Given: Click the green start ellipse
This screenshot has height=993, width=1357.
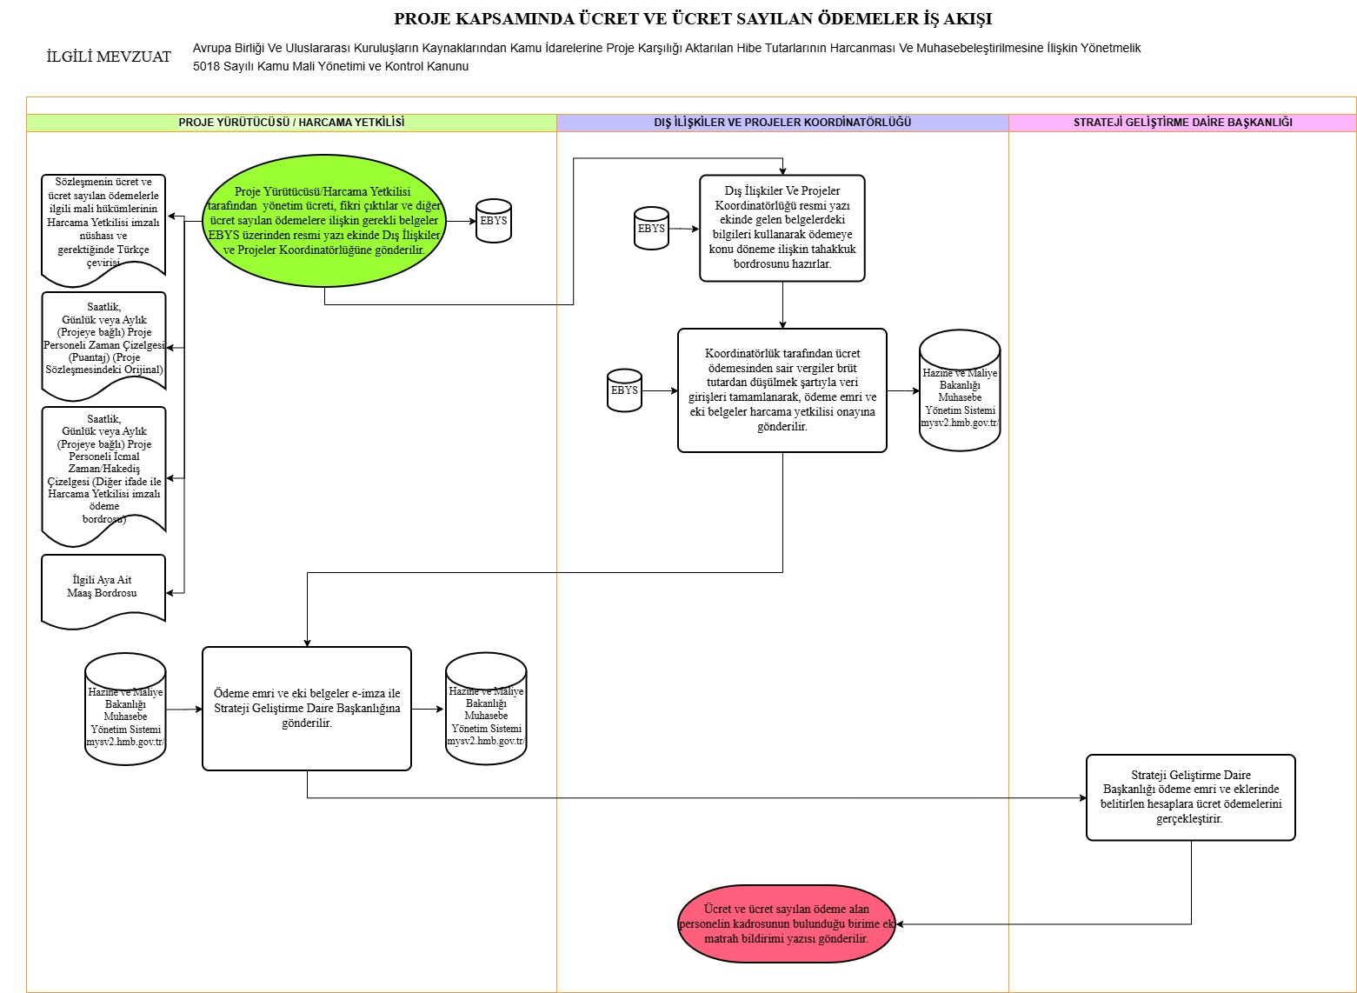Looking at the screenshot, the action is click(x=324, y=221).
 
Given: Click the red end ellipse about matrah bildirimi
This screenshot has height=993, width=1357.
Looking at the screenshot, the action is click(x=787, y=923).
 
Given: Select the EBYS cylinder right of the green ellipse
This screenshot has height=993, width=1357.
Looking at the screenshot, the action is click(x=494, y=221).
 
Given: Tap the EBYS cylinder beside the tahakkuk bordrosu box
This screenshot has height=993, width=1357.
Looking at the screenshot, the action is click(x=651, y=229).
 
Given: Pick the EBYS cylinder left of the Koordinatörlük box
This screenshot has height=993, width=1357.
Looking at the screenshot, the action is click(x=624, y=390).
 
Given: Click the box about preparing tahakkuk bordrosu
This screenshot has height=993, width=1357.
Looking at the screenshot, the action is click(x=782, y=228).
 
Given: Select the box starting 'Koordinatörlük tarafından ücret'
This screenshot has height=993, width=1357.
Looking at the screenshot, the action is click(x=782, y=390).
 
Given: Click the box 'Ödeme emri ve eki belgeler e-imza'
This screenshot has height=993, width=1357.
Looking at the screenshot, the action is click(x=307, y=709).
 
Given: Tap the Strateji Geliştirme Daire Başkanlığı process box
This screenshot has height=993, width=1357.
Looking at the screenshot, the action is click(x=1190, y=796).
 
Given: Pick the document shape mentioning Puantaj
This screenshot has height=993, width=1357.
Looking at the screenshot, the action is click(x=103, y=345).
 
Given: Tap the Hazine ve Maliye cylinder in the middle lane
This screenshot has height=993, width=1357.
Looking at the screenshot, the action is click(x=960, y=390).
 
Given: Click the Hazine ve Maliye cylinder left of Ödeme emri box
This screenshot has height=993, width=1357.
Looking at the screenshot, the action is click(x=125, y=709).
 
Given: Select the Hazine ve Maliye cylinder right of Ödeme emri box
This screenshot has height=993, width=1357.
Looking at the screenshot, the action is click(x=486, y=709).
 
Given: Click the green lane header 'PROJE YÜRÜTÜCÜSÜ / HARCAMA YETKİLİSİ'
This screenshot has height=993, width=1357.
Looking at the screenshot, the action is click(x=291, y=123).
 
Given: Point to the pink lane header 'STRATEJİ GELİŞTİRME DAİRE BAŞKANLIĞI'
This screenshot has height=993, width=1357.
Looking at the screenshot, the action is click(x=1182, y=123).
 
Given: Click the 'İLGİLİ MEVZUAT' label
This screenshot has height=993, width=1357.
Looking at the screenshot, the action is click(x=109, y=57).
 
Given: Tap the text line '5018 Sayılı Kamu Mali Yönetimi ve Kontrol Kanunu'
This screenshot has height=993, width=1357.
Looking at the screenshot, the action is click(x=330, y=66).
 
